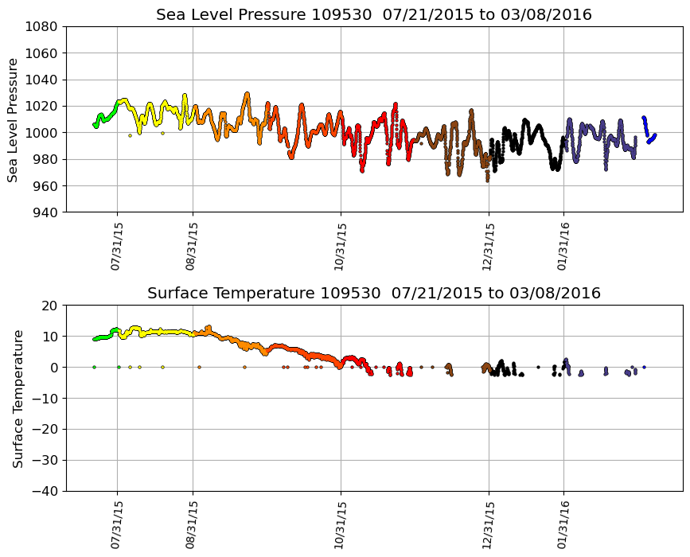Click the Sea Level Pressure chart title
(x=373, y=15)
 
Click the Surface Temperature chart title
(x=373, y=294)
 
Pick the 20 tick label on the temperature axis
(x=51, y=306)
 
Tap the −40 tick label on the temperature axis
(x=45, y=492)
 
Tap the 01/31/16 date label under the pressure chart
(x=563, y=247)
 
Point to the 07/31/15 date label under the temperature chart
(x=116, y=525)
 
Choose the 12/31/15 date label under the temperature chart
(x=488, y=525)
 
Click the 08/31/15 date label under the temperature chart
(x=191, y=525)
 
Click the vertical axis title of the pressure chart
(x=14, y=119)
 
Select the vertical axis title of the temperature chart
(x=17, y=398)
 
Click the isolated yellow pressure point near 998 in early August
(x=130, y=135)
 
